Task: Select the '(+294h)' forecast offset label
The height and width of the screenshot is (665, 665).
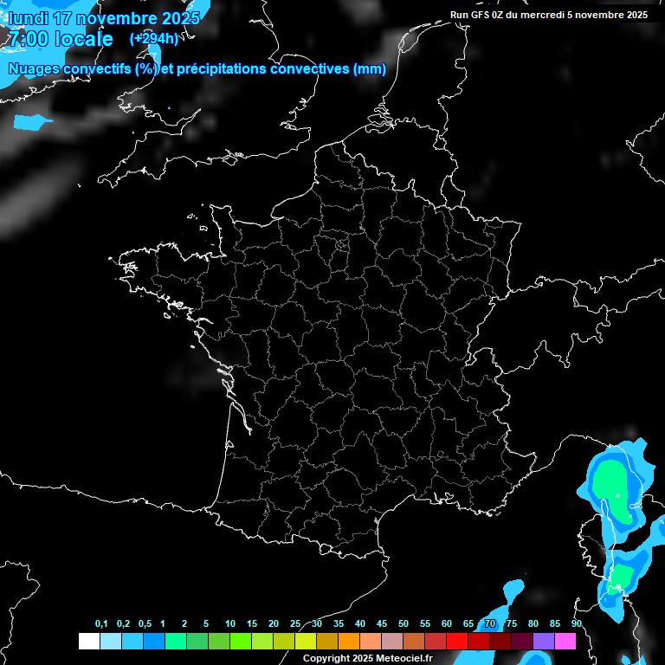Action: pyautogui.click(x=153, y=39)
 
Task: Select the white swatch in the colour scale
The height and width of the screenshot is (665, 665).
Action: pyautogui.click(x=88, y=641)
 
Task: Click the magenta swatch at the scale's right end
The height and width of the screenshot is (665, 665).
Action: pyautogui.click(x=565, y=641)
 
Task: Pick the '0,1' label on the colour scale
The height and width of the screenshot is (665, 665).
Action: pyautogui.click(x=101, y=624)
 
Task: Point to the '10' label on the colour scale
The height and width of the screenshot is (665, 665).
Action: pyautogui.click(x=230, y=624)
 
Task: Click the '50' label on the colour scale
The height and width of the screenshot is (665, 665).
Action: pyautogui.click(x=404, y=624)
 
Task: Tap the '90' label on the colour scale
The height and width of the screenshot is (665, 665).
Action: pyautogui.click(x=577, y=624)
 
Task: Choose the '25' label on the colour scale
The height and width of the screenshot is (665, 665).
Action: pyautogui.click(x=295, y=624)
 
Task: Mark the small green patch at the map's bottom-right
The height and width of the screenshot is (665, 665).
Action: pyautogui.click(x=621, y=576)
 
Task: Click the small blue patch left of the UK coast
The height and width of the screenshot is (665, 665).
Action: pyautogui.click(x=33, y=122)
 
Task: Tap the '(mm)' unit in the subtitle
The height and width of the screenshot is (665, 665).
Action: pyautogui.click(x=370, y=69)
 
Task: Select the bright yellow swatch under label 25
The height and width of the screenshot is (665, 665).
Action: pyautogui.click(x=305, y=641)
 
